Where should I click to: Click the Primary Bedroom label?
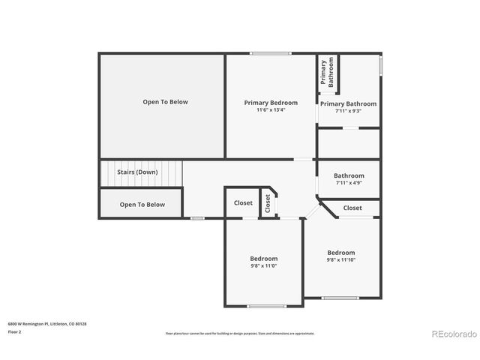click(271, 103)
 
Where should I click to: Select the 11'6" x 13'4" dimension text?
click(271, 110)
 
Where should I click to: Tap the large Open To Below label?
click(166, 102)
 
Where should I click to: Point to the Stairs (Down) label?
click(137, 172)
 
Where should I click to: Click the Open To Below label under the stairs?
click(142, 204)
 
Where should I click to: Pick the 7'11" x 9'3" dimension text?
click(348, 111)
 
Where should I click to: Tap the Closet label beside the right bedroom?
click(352, 208)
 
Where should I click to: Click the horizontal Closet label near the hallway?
click(243, 202)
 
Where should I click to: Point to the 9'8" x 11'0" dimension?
click(264, 266)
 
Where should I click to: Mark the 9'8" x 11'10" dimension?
click(341, 260)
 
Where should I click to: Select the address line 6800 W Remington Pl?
click(47, 323)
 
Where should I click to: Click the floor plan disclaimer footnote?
click(240, 333)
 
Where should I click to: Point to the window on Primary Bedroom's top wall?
click(271, 53)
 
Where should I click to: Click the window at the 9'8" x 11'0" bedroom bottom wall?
click(267, 306)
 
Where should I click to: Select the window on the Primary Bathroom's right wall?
click(381, 66)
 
